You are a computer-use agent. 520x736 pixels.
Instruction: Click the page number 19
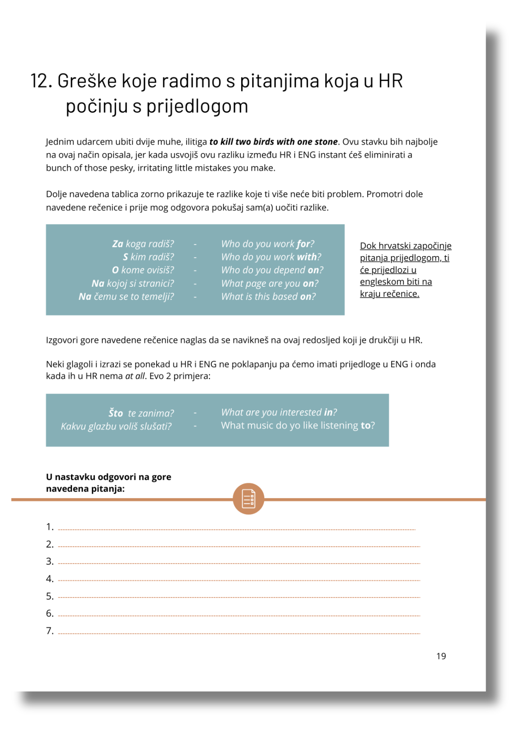click(441, 656)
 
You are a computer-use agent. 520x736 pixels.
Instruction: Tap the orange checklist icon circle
click(248, 499)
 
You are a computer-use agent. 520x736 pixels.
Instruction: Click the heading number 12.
click(41, 81)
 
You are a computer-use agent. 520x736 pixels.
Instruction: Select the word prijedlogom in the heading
click(197, 106)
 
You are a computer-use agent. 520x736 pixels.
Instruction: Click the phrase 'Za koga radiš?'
click(143, 244)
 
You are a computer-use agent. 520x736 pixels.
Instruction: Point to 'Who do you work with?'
click(271, 257)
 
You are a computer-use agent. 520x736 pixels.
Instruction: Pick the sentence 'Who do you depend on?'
click(272, 270)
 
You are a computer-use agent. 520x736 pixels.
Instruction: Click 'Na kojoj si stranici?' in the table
click(133, 283)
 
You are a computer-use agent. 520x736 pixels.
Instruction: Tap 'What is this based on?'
click(268, 297)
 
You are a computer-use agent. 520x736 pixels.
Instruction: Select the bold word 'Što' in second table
click(115, 413)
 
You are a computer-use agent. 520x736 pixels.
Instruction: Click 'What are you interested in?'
click(279, 412)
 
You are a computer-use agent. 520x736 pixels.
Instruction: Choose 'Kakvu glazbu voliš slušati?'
click(116, 426)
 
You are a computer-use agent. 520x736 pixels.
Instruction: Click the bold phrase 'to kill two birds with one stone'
click(273, 142)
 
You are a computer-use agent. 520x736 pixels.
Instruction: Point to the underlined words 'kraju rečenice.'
click(389, 294)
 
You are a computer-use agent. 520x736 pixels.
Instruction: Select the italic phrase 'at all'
click(135, 376)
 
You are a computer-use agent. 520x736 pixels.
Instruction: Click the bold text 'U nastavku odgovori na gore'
click(108, 477)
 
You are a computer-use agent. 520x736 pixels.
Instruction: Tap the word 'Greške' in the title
click(87, 81)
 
